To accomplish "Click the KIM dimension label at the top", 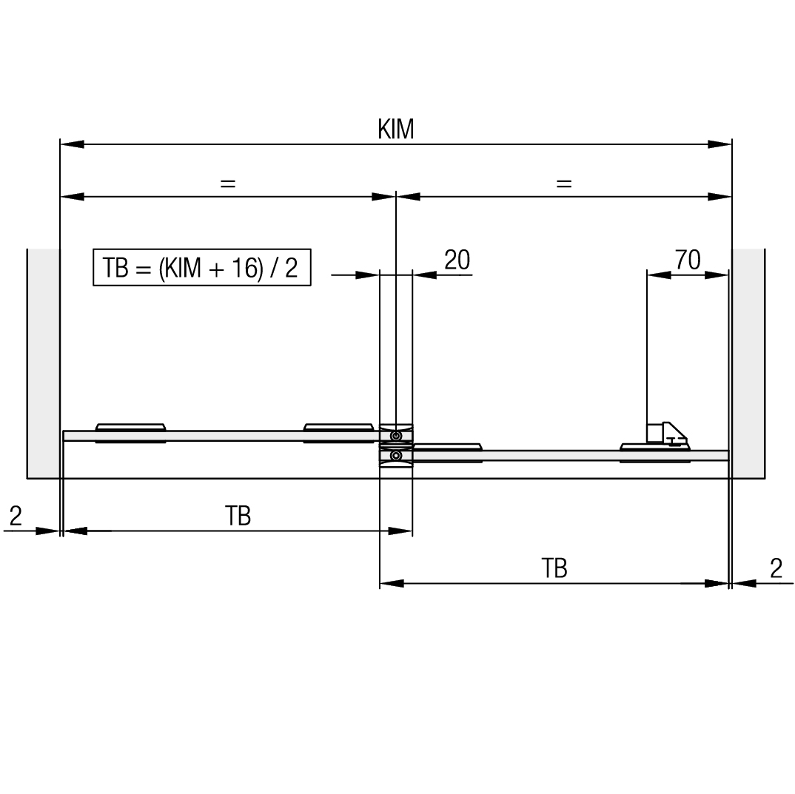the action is click(x=396, y=129).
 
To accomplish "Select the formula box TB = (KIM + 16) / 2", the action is click(x=202, y=267).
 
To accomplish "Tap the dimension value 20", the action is click(x=457, y=260).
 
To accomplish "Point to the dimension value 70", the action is click(x=688, y=260).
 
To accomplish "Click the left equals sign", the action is click(x=228, y=183).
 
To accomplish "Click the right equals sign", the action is click(x=564, y=183).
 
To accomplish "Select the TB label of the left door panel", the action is click(x=238, y=516).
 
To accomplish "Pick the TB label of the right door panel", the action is click(x=554, y=568).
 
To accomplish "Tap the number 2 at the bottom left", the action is click(x=16, y=517).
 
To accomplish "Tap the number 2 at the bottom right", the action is click(x=776, y=568).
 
